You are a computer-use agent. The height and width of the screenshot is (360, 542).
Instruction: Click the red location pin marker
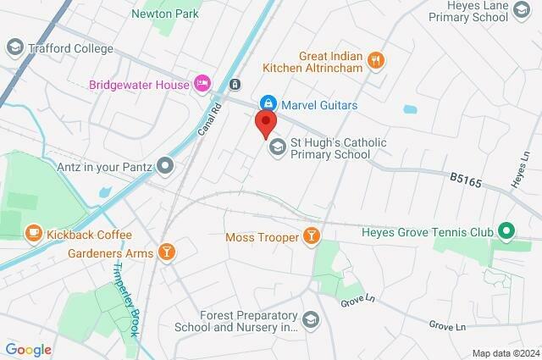pos(265,124)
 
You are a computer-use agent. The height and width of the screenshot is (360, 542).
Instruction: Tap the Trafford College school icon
pos(14,47)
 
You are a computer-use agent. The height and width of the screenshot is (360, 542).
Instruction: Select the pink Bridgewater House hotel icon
pos(202,83)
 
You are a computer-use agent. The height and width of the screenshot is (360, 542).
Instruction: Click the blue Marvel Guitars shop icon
pos(267,105)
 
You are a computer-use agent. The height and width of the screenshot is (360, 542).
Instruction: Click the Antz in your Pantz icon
pos(166,166)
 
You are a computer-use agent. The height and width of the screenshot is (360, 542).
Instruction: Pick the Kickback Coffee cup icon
pos(33,232)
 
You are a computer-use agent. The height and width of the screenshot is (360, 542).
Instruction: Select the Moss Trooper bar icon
pos(312,236)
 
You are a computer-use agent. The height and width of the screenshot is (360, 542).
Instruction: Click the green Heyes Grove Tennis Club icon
pos(506,230)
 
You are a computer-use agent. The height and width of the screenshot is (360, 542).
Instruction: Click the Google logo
pos(28,349)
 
